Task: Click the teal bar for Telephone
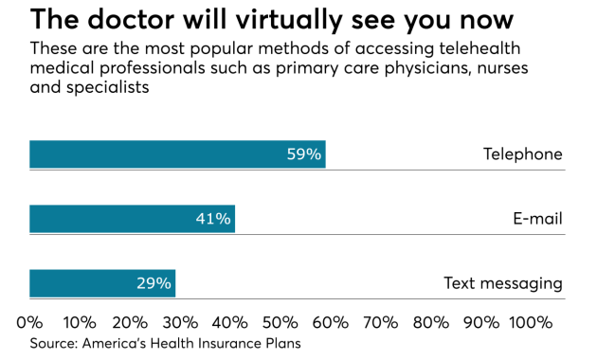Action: (x=177, y=154)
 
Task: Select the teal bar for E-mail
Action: (x=132, y=219)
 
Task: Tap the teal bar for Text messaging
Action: (x=102, y=283)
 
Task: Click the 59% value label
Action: (x=304, y=154)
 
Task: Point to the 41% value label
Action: (x=213, y=219)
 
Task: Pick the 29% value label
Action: (x=154, y=283)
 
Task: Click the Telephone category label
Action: (x=522, y=154)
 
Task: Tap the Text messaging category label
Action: (x=503, y=283)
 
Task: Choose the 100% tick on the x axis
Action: (x=530, y=322)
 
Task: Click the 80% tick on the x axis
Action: (x=431, y=322)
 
